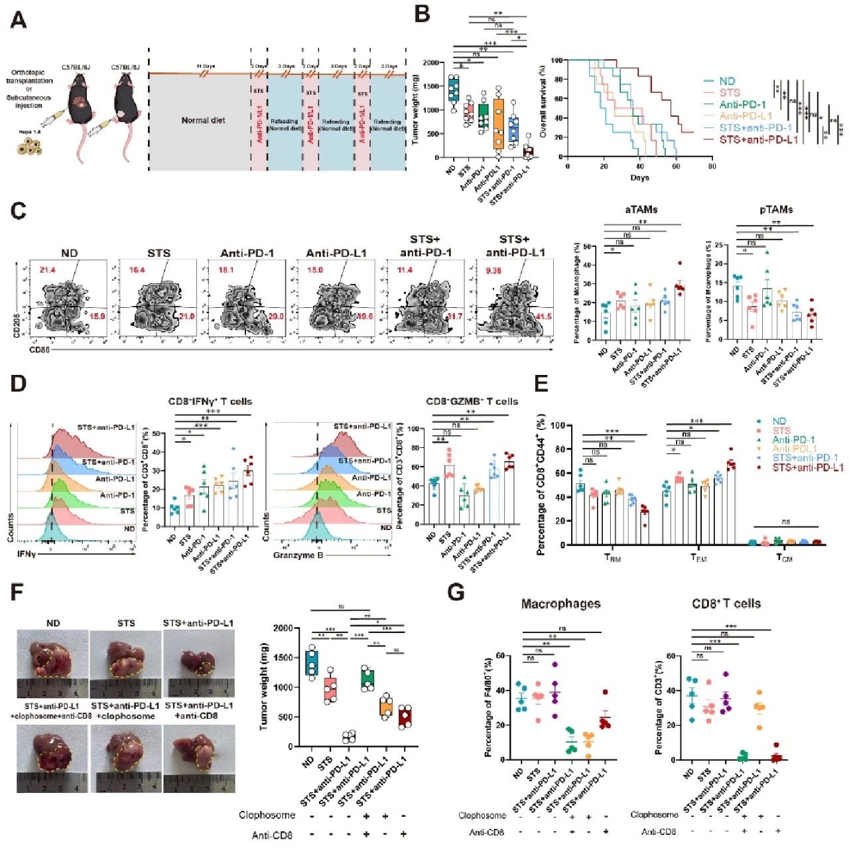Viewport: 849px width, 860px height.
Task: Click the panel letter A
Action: click(x=19, y=21)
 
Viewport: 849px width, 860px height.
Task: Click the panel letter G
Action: click(x=456, y=592)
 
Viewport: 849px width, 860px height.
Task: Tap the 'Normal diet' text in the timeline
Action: click(x=203, y=121)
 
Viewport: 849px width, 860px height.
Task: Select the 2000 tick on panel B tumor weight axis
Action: click(x=430, y=63)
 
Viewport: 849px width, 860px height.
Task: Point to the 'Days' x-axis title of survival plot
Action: click(x=639, y=178)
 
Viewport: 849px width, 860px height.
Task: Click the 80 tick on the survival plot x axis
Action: click(x=712, y=167)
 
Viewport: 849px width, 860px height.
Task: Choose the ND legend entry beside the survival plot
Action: click(x=727, y=81)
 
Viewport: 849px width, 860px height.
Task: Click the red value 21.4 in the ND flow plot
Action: click(x=47, y=270)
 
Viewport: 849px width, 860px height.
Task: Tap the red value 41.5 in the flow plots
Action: click(x=543, y=317)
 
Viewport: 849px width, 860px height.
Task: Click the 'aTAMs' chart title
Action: click(x=641, y=210)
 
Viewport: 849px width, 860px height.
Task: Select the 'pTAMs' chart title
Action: click(x=776, y=210)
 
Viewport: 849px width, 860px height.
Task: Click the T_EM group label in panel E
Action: click(x=698, y=558)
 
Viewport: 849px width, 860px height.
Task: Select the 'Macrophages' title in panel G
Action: click(x=560, y=604)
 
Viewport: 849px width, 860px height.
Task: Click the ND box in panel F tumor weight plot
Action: click(x=311, y=662)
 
